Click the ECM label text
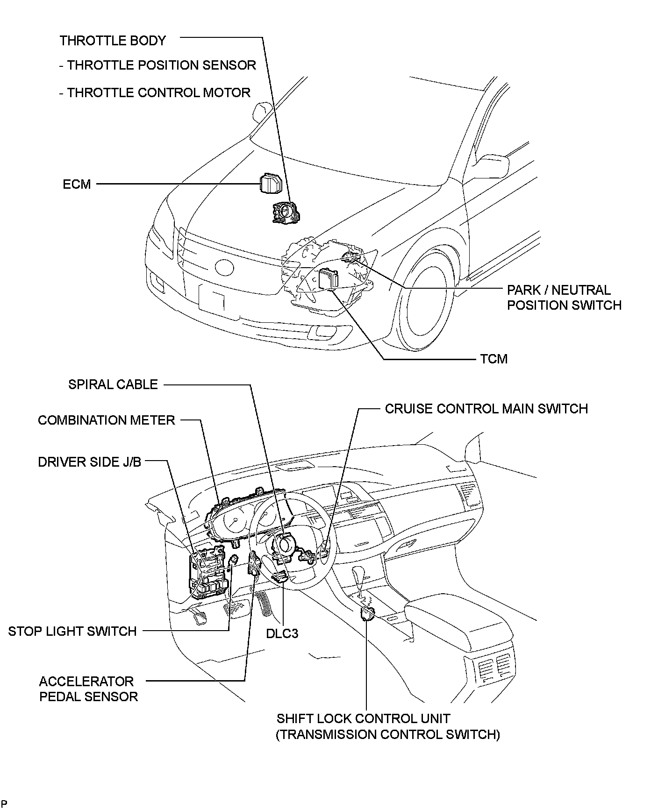click(77, 184)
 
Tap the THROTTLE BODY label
click(113, 41)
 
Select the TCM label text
click(493, 359)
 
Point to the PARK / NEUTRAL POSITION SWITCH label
click(564, 298)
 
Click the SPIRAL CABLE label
click(113, 384)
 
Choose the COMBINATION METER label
click(107, 420)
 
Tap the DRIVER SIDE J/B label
click(90, 462)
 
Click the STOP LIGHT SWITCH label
click(72, 631)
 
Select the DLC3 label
click(282, 633)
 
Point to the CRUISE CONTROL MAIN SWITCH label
click(486, 409)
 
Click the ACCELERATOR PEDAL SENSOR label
click(88, 689)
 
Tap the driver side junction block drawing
click(209, 574)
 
